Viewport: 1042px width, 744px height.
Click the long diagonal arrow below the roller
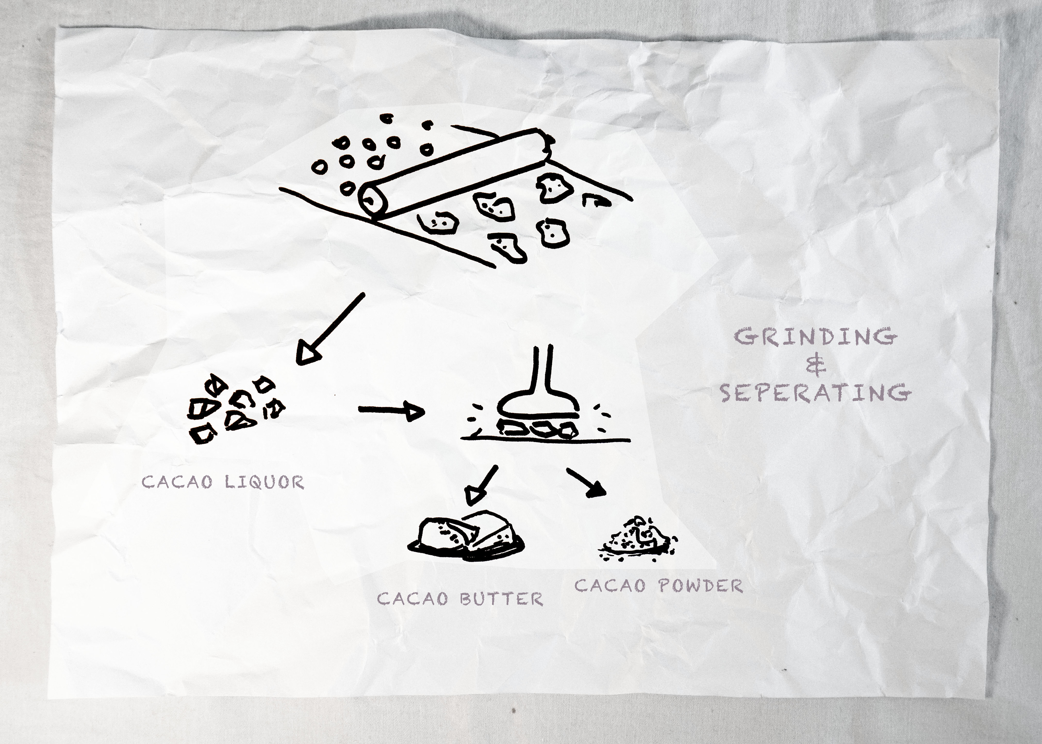pos(331,329)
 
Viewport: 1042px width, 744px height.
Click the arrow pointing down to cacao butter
pos(482,485)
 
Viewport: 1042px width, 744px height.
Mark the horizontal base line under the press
pos(545,440)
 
